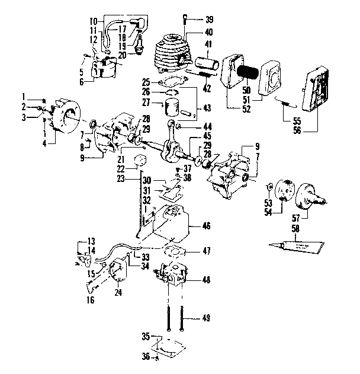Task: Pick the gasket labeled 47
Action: [173, 251]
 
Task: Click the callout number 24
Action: [118, 292]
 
